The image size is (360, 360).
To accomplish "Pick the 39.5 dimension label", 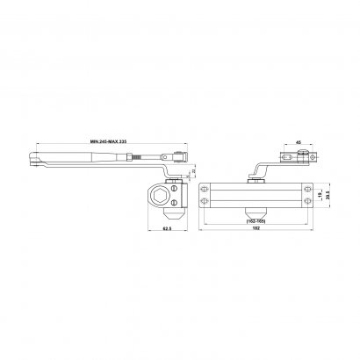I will point(328,194).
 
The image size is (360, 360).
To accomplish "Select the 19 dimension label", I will point(319,194).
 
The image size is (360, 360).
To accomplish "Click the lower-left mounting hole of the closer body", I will point(206,203).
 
